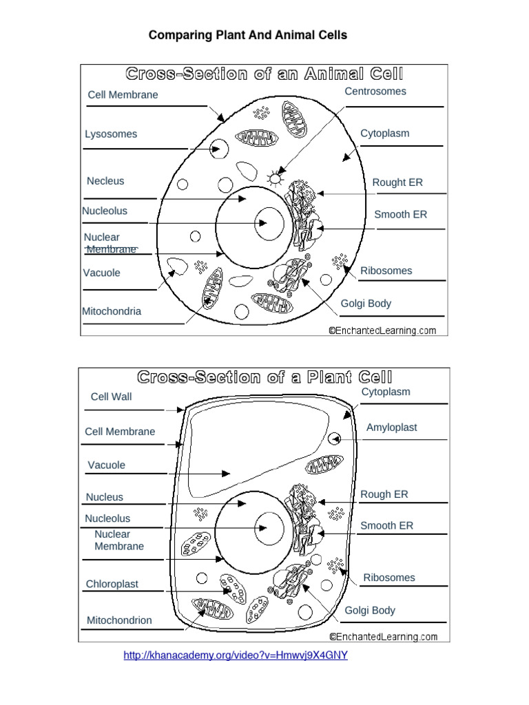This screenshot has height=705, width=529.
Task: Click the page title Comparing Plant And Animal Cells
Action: pos(248,35)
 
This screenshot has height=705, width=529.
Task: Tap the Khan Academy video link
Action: pos(236,655)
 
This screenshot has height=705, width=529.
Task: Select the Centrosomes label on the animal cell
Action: pos(375,92)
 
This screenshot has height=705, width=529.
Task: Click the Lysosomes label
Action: pos(111,134)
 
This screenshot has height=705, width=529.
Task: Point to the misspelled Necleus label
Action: pos(105,181)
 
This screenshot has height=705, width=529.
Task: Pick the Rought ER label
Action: pos(397,182)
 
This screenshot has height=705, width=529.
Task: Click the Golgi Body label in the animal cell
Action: pos(366,304)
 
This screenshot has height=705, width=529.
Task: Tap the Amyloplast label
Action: pos(391,428)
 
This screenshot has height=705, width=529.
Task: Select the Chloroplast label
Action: pos(112,584)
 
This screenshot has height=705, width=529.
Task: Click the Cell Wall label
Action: pos(111,397)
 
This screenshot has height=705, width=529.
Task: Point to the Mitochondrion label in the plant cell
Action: pos(119,620)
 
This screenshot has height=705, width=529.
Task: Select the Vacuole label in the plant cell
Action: pos(107,465)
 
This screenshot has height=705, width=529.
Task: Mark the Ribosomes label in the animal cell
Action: pos(386,271)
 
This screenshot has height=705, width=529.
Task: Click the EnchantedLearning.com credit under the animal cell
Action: pos(382,330)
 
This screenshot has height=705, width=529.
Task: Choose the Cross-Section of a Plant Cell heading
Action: pos(264,377)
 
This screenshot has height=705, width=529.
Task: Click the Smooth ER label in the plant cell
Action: pos(387,526)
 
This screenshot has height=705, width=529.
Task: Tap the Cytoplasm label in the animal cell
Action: pos(385,134)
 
